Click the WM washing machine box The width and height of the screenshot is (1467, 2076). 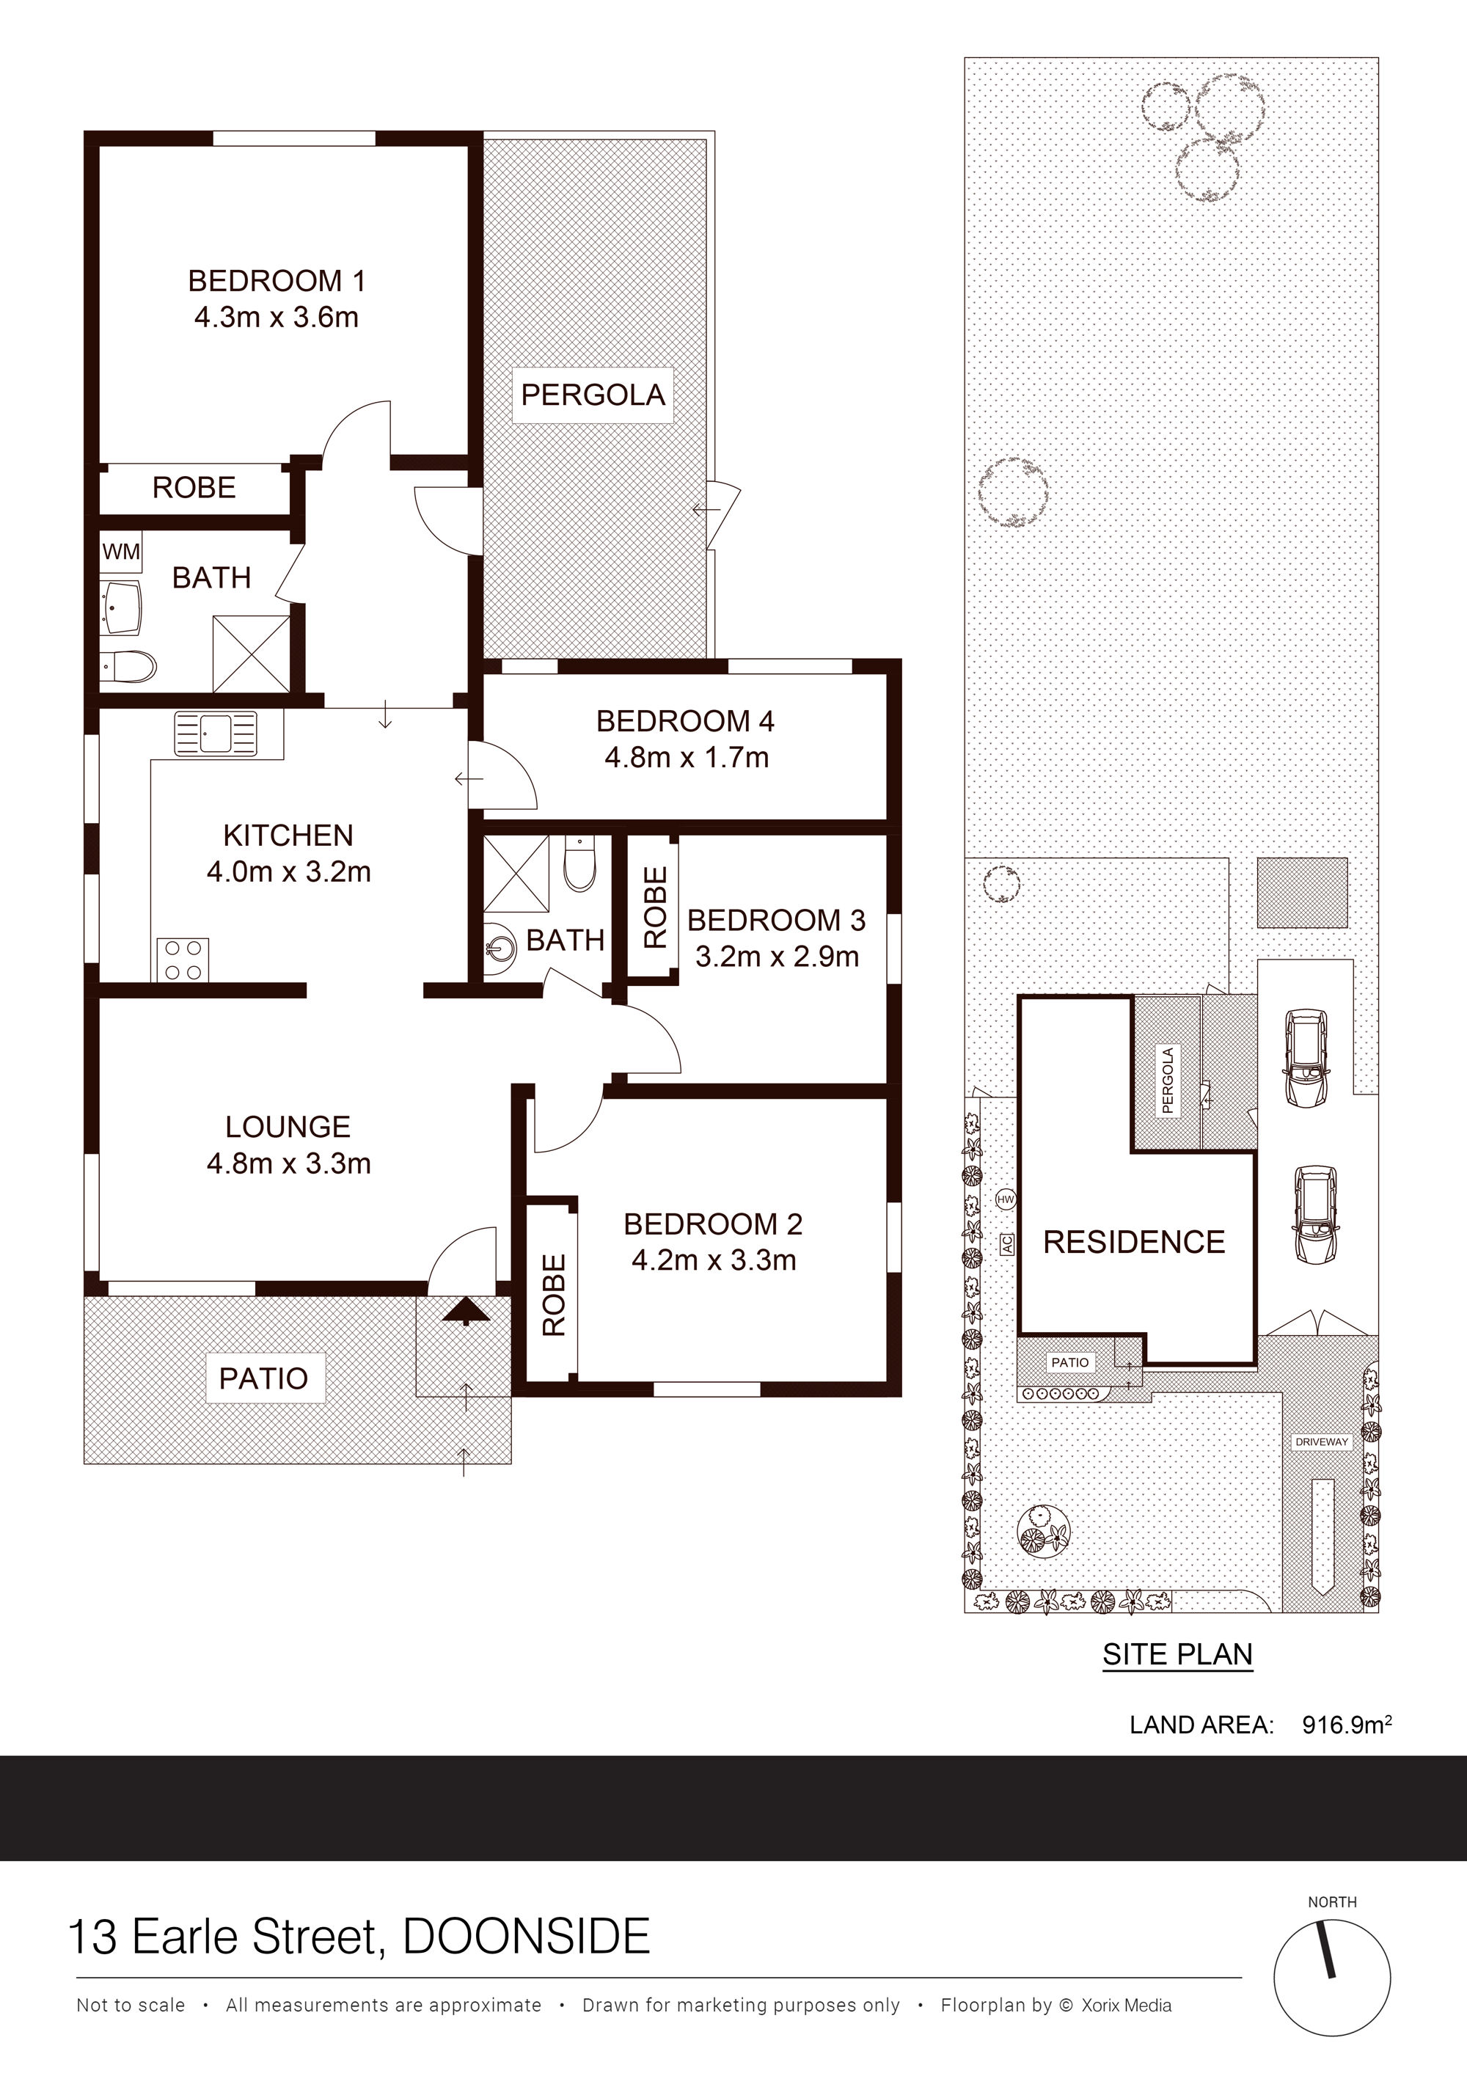121,552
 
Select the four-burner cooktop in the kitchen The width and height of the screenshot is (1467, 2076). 183,960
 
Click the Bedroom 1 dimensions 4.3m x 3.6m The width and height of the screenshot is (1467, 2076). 277,318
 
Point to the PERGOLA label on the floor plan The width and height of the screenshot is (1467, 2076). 593,395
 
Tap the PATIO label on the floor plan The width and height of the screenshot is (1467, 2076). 264,1378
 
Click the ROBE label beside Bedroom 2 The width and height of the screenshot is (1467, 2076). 553,1295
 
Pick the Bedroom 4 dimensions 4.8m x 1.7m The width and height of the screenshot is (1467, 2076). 687,757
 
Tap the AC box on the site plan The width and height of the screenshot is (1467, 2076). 1007,1244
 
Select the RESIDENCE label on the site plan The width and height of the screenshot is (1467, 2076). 1135,1243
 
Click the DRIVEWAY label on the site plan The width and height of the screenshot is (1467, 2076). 1322,1442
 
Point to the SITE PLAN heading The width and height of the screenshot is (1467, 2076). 1178,1655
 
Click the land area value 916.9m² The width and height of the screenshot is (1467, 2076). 1346,1725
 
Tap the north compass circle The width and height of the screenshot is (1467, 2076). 1332,1979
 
